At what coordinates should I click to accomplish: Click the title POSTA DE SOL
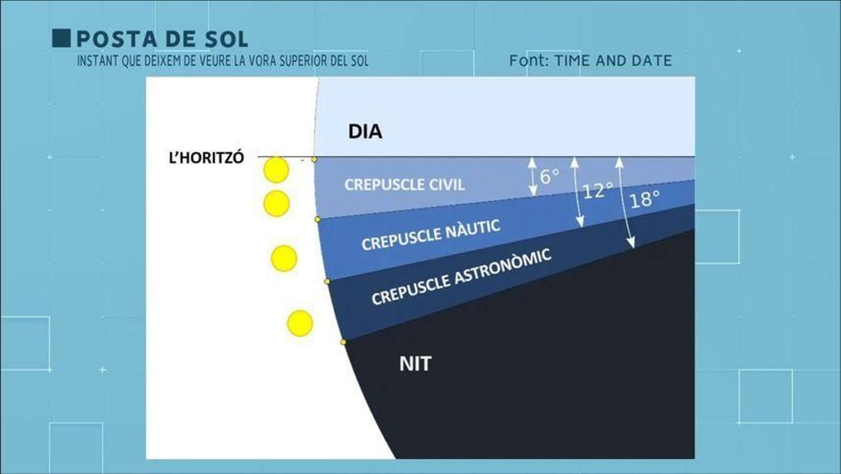tap(162, 39)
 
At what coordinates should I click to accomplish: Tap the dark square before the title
tap(61, 38)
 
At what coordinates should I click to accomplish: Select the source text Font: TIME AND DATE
tap(590, 61)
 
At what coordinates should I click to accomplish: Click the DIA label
tap(365, 132)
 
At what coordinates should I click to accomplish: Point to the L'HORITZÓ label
tap(206, 158)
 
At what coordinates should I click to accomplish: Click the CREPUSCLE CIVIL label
tap(404, 185)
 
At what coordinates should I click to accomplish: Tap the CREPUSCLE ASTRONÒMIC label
tap(461, 276)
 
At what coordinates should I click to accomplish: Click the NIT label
tap(415, 364)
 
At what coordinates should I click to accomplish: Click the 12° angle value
tap(598, 190)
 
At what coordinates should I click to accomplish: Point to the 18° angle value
tap(644, 199)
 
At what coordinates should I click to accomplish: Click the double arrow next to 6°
tap(533, 177)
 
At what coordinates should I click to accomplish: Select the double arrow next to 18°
tap(625, 203)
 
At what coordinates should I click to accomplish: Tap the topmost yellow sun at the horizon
tap(276, 170)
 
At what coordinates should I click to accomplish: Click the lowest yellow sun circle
tap(300, 323)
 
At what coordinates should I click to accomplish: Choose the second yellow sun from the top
tap(276, 204)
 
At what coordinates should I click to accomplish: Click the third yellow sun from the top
tap(284, 258)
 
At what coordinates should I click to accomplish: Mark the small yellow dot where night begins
tap(343, 342)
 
